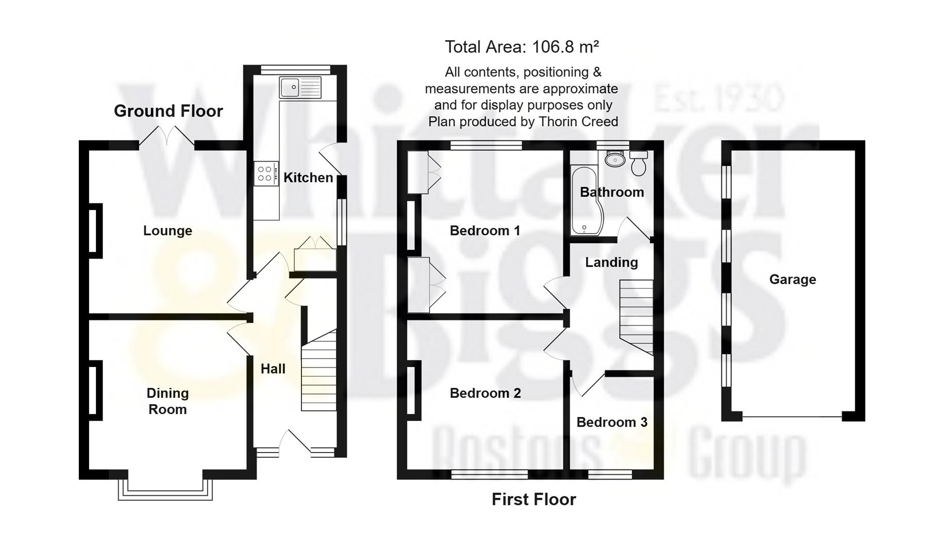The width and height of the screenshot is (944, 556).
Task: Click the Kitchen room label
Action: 308,178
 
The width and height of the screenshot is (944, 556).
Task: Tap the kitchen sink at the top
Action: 300,88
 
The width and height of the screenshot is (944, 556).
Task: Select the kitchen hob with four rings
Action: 265,173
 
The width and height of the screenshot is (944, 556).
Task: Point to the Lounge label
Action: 167,231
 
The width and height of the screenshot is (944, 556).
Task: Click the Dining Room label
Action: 167,401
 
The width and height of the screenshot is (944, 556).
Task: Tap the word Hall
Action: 273,369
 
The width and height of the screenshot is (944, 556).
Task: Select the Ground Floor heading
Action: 168,111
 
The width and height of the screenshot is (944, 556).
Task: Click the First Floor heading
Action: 533,499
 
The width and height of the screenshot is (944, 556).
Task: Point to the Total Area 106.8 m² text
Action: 521,47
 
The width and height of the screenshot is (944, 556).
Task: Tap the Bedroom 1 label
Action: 485,231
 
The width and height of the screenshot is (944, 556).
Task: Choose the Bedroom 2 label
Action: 485,393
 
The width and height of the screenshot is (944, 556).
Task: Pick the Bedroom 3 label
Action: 612,422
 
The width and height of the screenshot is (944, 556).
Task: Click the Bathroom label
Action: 612,192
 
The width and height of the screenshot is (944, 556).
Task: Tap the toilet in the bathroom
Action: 638,163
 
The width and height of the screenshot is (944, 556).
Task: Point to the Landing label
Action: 611,263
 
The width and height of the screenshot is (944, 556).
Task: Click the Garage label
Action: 793,280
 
